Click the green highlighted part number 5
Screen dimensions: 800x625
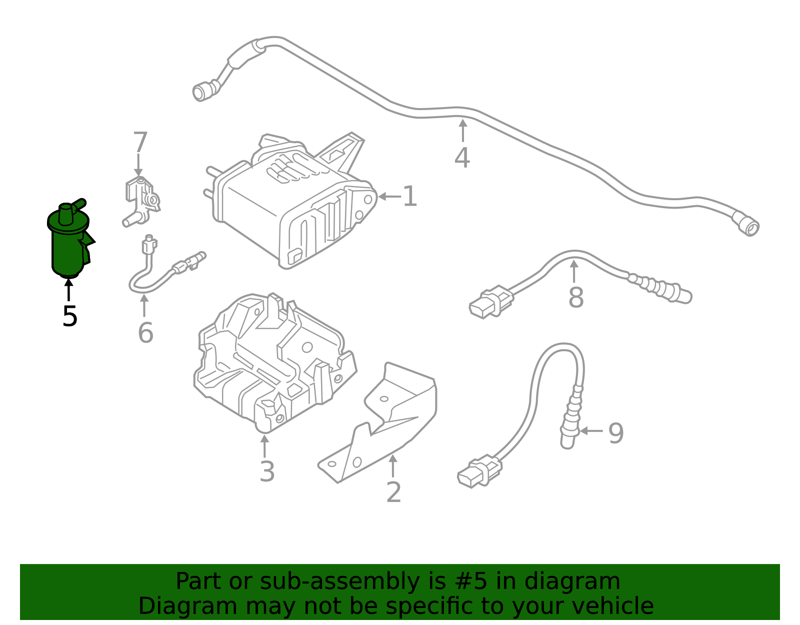coord(69,239)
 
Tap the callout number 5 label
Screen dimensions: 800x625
coord(69,316)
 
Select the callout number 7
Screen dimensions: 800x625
coord(140,142)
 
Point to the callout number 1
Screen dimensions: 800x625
coord(410,196)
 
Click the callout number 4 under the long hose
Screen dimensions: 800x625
coord(462,158)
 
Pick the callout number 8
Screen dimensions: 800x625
coord(576,297)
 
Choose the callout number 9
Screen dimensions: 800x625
coord(616,433)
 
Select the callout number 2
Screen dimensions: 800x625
coord(393,492)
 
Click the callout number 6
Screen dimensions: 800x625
coord(145,333)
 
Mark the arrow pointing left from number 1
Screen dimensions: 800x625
coord(389,196)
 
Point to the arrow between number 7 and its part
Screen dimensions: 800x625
coord(138,165)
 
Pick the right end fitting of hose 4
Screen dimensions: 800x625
coord(746,223)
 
